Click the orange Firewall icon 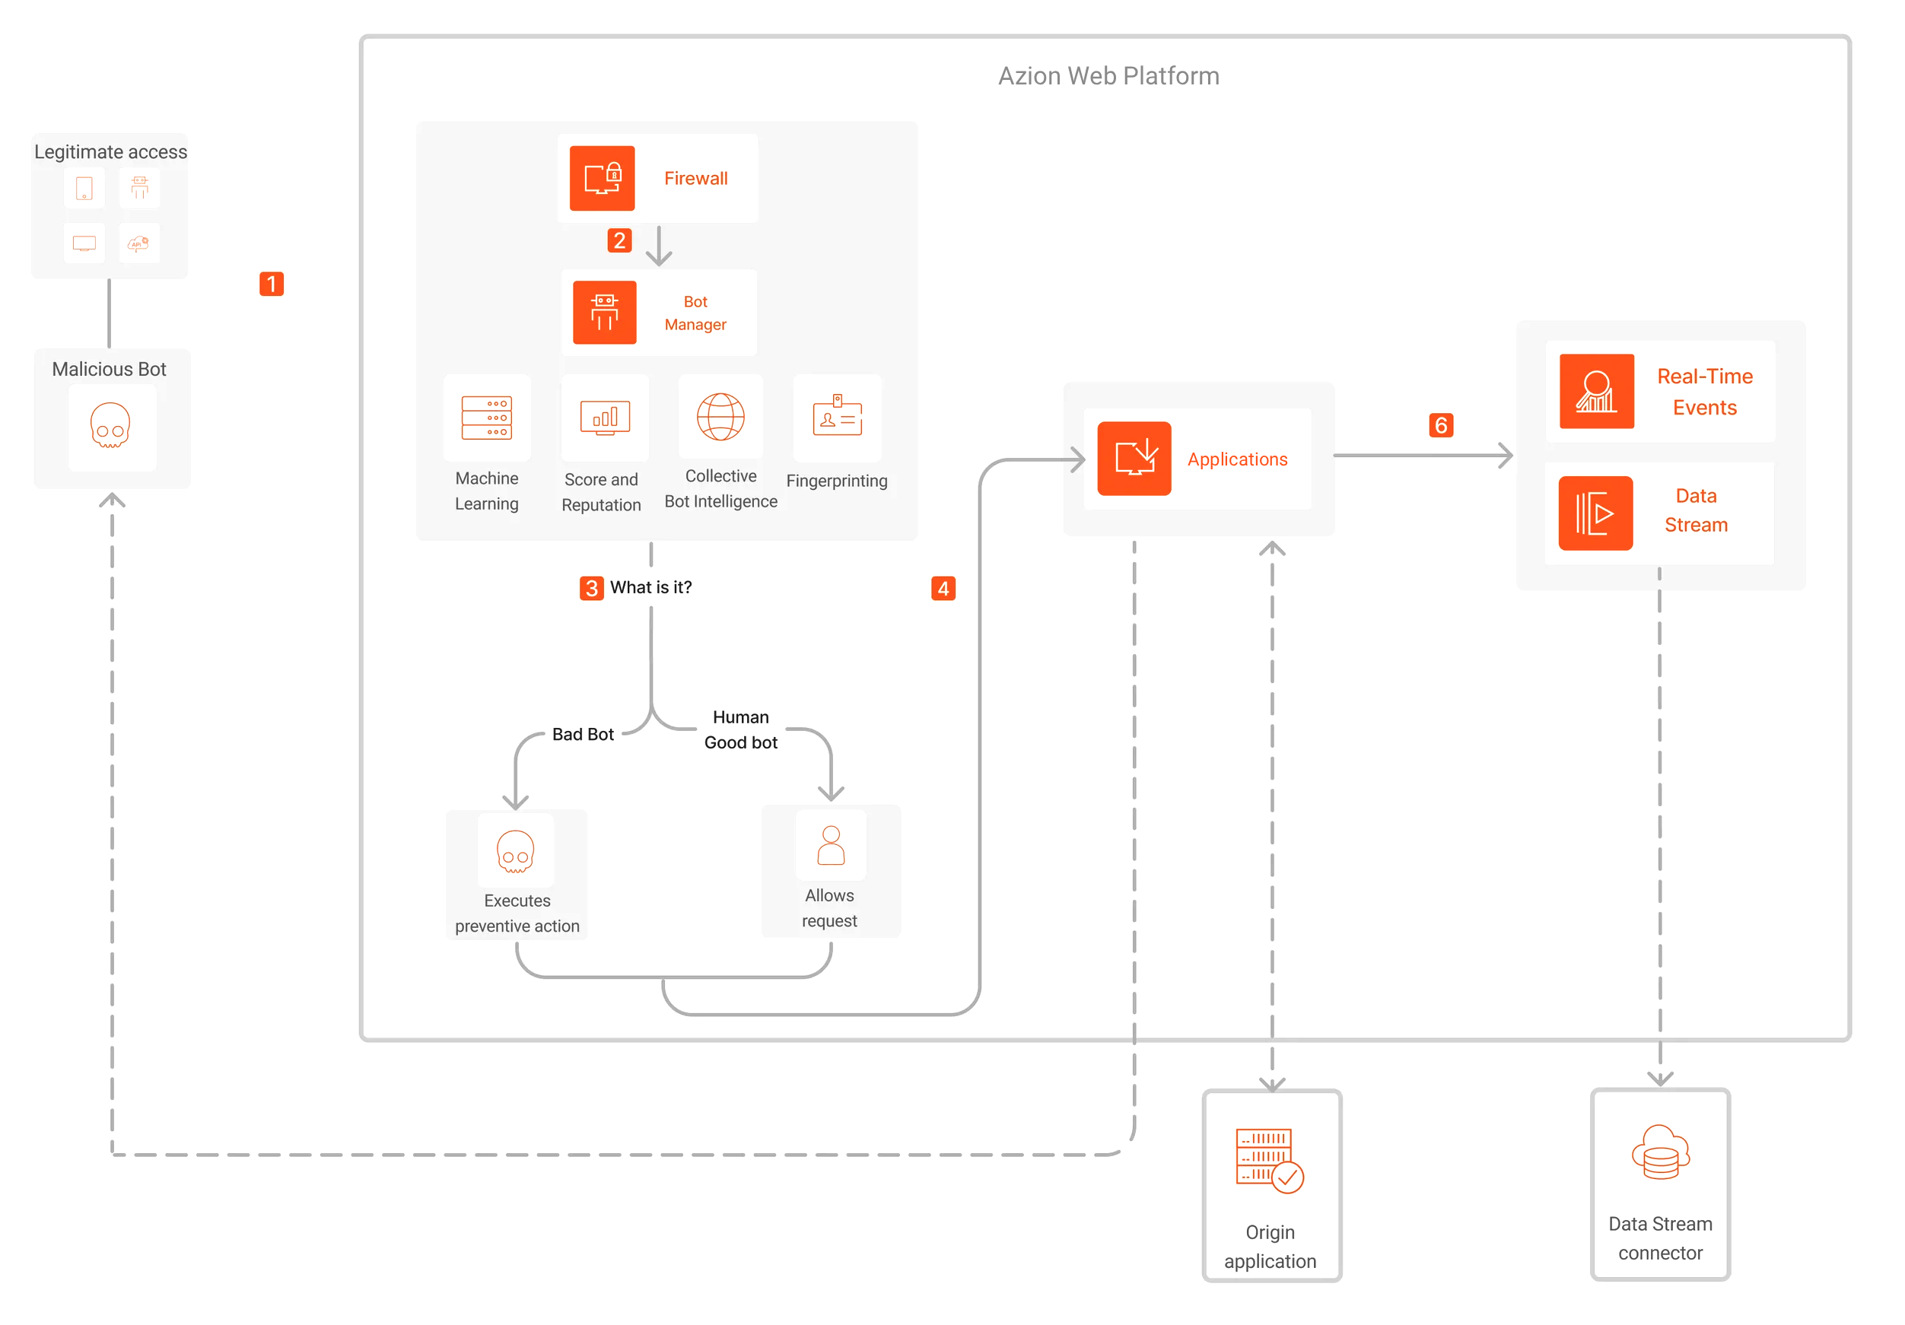tap(602, 179)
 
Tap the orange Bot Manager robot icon tap(604, 312)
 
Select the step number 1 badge tap(272, 284)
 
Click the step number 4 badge tap(943, 588)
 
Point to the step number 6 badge tap(1440, 424)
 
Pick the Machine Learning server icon tap(486, 418)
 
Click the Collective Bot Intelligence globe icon tap(720, 417)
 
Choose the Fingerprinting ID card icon tap(837, 417)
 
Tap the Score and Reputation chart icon tap(605, 418)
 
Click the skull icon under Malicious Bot tap(110, 426)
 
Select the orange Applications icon tap(1134, 458)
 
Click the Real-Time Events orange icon tap(1595, 391)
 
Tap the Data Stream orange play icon tap(1595, 513)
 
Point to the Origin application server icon tap(1270, 1160)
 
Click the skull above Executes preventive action tap(515, 851)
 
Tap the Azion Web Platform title tap(1108, 76)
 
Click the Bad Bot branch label tap(583, 734)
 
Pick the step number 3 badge tap(591, 588)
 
